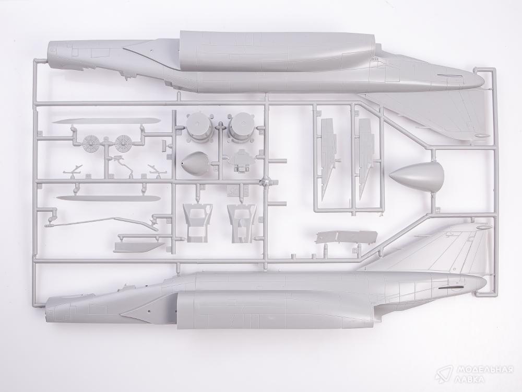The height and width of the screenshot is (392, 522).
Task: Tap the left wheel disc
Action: [91, 143]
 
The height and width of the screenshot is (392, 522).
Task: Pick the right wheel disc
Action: [123, 143]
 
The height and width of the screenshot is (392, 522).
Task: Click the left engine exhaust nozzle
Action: [199, 128]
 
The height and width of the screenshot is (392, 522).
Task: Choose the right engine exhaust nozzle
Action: [240, 128]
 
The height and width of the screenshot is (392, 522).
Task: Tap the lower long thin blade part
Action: [109, 198]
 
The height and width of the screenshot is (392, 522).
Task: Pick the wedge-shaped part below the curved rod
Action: [139, 247]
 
